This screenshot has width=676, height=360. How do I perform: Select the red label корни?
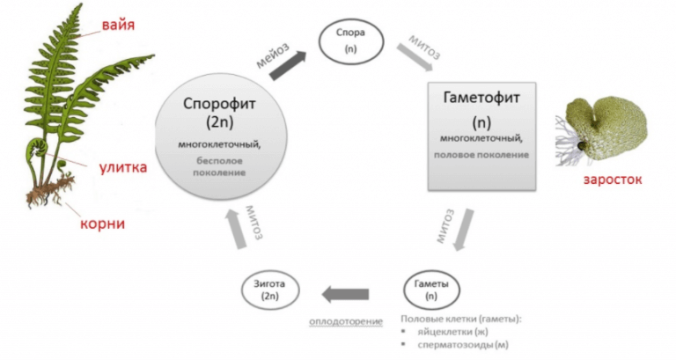tap(103, 224)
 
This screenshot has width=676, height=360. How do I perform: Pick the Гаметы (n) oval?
tap(432, 291)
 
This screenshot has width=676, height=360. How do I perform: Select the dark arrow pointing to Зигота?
tap(344, 293)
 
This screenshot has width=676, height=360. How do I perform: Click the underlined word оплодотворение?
tap(346, 320)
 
